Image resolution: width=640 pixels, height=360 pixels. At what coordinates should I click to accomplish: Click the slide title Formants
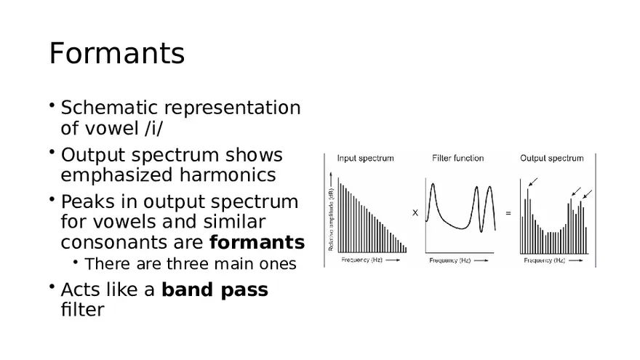tap(116, 54)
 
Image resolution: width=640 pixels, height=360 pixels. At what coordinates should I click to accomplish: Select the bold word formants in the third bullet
tap(257, 242)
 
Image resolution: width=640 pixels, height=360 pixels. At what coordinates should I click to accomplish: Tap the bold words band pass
tap(215, 289)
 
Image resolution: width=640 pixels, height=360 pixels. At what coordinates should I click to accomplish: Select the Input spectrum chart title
tap(365, 158)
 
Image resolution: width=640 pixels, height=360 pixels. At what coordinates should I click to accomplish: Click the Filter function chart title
tap(457, 158)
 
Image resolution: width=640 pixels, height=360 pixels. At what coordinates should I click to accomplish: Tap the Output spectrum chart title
tap(551, 158)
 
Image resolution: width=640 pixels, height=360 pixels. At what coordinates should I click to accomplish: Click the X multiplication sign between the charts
tap(415, 213)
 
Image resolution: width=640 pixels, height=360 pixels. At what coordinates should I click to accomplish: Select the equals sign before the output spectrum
tap(508, 213)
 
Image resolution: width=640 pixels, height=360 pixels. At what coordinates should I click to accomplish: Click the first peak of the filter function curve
tap(433, 185)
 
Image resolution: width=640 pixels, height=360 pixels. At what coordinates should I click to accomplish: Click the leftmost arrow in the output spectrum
tap(534, 181)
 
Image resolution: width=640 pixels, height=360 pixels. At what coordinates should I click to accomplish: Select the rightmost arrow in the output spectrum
tap(588, 194)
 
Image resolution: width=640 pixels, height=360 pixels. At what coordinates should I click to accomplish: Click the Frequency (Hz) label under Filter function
tap(453, 260)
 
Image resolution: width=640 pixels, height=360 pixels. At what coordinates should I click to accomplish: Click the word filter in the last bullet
tap(82, 309)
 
